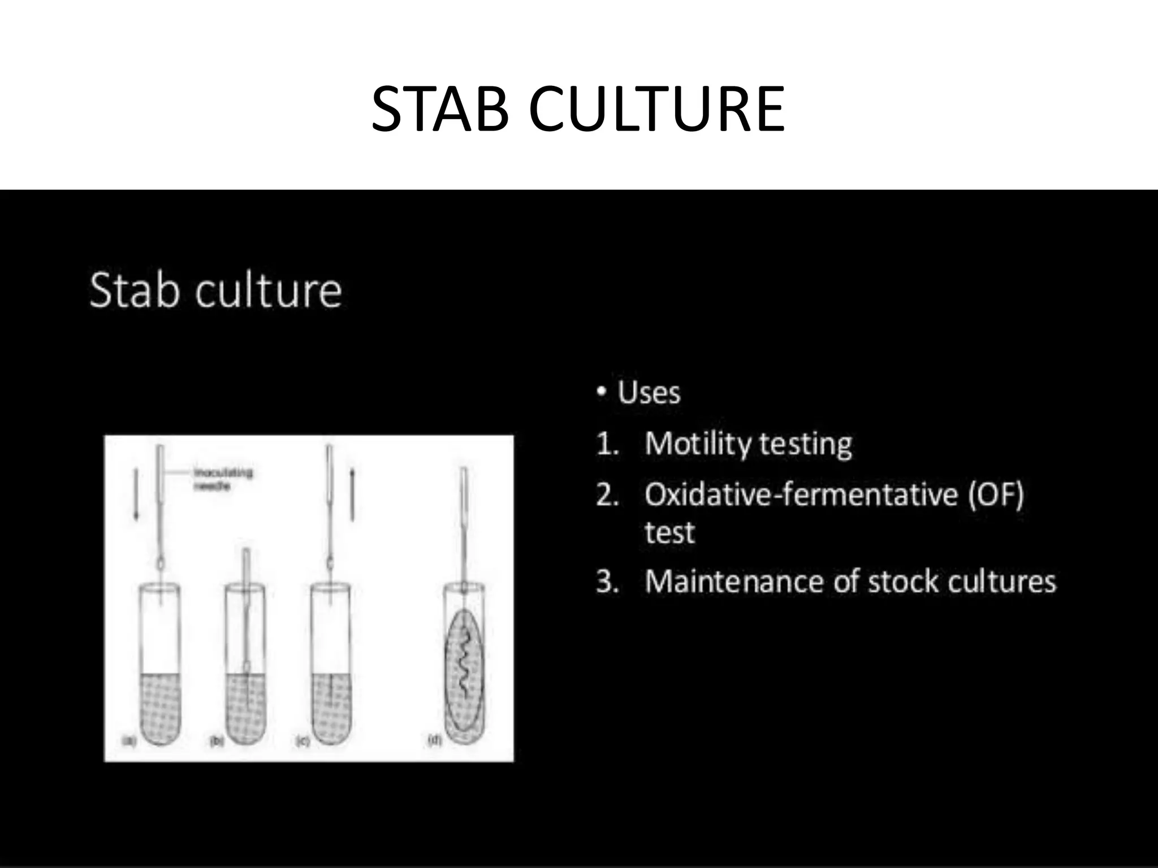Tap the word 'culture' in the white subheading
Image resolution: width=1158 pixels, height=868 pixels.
pos(269,291)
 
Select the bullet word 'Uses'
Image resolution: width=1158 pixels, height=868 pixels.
pos(649,392)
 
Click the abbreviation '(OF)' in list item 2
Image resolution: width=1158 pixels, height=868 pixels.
pos(996,494)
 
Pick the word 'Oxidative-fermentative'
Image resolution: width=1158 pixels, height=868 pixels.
pos(801,494)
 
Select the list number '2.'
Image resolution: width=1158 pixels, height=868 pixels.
pos(608,495)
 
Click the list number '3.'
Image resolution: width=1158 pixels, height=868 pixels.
pos(608,581)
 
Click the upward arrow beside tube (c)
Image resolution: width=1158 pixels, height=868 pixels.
pos(352,494)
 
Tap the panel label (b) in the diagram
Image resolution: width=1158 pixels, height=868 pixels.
pos(216,740)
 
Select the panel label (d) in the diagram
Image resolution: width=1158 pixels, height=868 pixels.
pos(434,739)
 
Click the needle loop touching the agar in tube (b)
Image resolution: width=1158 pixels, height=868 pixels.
pos(247,667)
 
